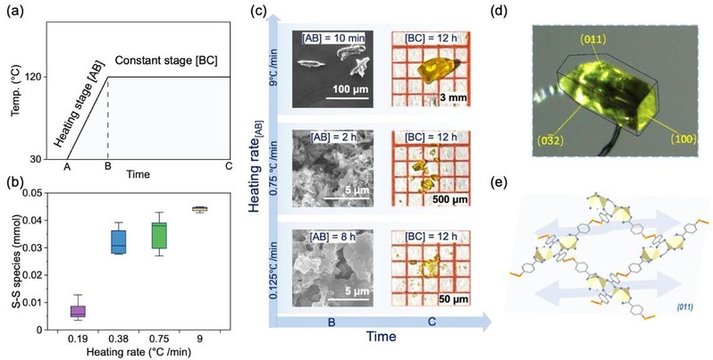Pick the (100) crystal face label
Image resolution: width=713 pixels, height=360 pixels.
(x=681, y=139)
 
